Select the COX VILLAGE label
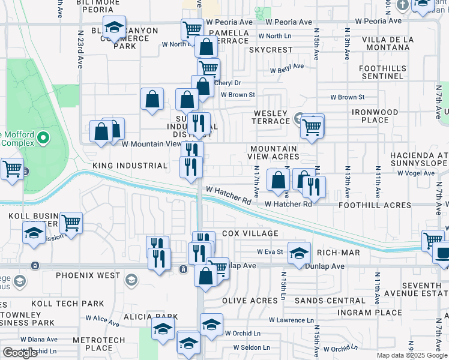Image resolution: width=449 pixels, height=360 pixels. pyautogui.click(x=250, y=233)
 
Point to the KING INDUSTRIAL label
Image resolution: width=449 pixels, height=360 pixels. pyautogui.click(x=129, y=166)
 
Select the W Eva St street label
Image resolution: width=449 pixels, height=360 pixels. pyautogui.click(x=270, y=252)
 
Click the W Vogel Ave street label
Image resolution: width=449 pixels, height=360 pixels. pyautogui.click(x=415, y=173)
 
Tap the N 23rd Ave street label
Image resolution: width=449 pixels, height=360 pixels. pyautogui.click(x=79, y=54)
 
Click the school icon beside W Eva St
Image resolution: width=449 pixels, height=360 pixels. pyautogui.click(x=298, y=252)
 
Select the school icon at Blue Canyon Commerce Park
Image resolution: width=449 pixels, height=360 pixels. pyautogui.click(x=114, y=26)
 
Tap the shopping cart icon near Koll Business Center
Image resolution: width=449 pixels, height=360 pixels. pyautogui.click(x=71, y=223)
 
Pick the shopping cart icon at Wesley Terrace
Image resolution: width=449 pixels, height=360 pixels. pyautogui.click(x=312, y=127)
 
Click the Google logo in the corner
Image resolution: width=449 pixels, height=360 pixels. pyautogui.click(x=20, y=353)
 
